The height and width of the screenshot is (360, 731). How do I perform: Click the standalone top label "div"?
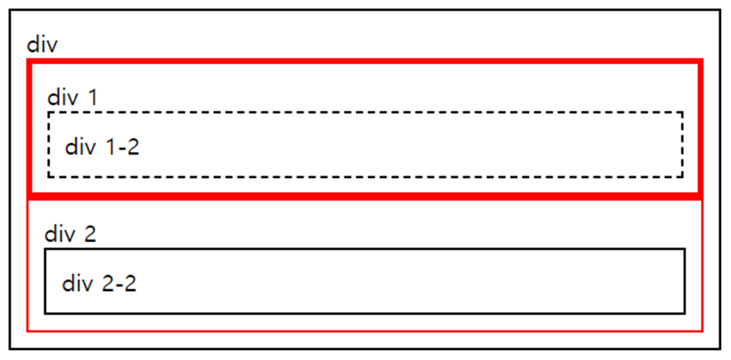click(43, 44)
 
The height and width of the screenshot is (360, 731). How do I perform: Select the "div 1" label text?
click(73, 98)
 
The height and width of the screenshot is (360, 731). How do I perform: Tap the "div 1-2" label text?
click(102, 146)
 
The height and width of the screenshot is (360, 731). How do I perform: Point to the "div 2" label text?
click(70, 234)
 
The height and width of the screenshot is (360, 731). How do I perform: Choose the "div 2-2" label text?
click(99, 283)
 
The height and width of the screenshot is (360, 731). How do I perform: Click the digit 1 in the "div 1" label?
click(93, 98)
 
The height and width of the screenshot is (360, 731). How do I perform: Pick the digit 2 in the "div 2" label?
click(90, 234)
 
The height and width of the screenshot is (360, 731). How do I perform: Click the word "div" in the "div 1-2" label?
click(80, 146)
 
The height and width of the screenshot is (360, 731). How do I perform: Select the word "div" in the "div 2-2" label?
click(77, 283)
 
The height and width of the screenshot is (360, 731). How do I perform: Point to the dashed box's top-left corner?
click(49, 112)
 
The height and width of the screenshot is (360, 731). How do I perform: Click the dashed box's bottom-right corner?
click(682, 177)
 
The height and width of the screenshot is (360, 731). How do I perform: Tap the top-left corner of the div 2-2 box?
click(45, 249)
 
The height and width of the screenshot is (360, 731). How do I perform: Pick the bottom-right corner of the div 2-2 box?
click(685, 314)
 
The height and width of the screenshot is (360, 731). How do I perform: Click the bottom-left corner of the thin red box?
click(28, 330)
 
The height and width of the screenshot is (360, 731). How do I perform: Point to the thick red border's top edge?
click(364, 61)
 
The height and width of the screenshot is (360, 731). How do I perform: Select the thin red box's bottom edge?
click(364, 330)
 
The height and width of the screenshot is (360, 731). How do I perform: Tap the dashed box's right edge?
click(682, 145)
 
